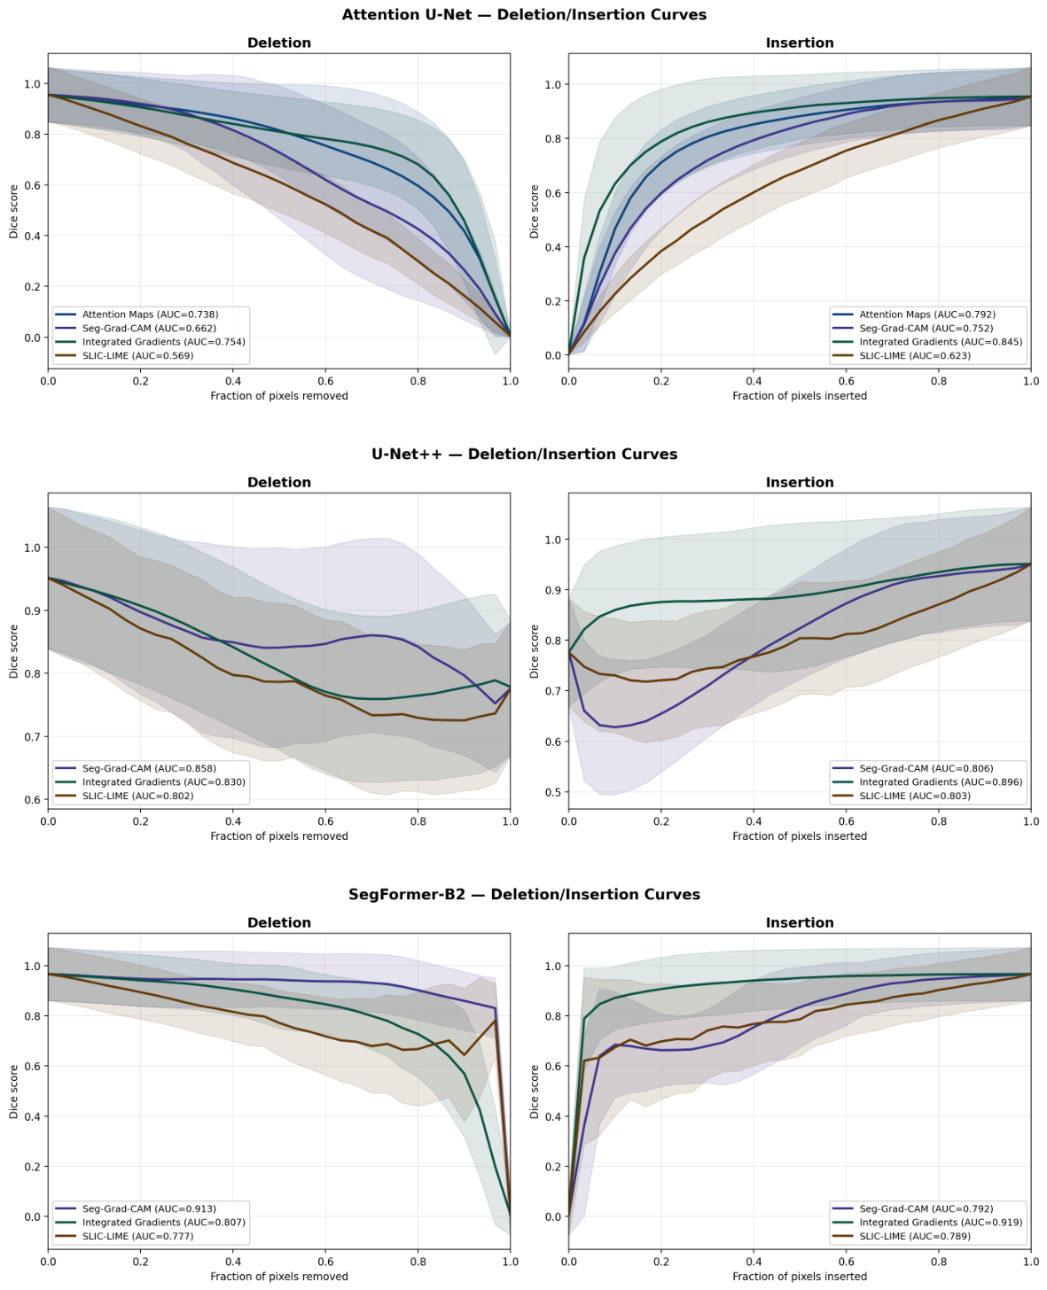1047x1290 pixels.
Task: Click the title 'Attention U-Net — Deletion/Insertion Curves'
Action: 523,14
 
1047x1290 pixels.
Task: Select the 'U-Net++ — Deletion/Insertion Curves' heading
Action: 523,455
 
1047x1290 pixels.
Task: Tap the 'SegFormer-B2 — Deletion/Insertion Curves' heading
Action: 523,895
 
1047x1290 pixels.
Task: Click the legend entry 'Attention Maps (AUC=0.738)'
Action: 150,315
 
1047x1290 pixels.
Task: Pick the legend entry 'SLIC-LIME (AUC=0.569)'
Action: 138,355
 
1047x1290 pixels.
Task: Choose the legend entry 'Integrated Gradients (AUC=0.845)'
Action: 941,342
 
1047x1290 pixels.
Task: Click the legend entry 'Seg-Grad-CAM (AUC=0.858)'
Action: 149,768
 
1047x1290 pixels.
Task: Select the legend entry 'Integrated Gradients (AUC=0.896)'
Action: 941,781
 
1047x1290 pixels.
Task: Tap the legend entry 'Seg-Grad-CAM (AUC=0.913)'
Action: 149,1208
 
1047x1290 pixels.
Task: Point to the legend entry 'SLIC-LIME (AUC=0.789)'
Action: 915,1236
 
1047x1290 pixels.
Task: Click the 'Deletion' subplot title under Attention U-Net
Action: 278,43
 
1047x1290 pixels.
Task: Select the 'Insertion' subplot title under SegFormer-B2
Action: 800,922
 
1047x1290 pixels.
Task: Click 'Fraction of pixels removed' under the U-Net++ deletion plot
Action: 278,835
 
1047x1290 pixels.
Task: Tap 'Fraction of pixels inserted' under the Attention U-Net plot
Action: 800,396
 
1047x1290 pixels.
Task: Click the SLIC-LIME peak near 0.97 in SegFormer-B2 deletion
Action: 495,1021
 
